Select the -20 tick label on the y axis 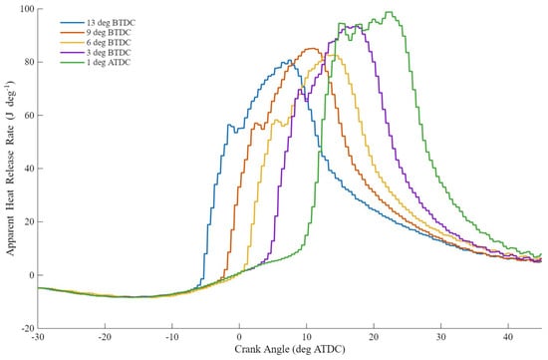point(28,328)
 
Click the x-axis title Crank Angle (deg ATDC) point(290,349)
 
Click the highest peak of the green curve point(389,12)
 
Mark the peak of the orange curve point(312,48)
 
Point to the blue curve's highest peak point(289,60)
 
